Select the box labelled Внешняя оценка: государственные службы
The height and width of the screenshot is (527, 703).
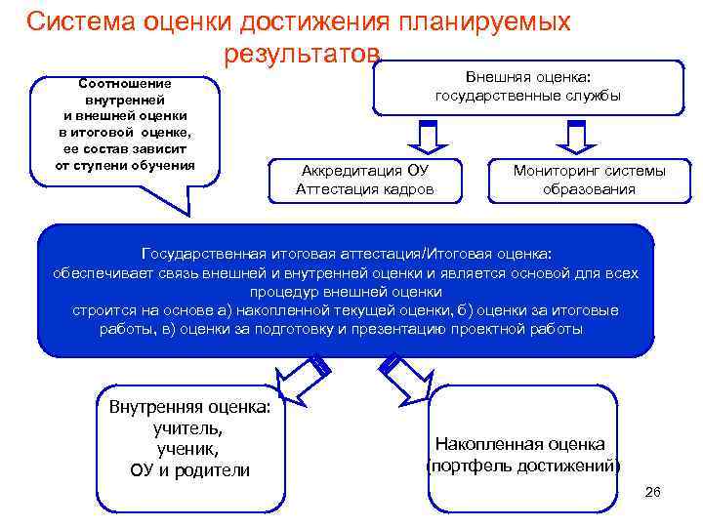[x=527, y=87]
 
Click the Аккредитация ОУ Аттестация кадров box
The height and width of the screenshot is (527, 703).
[x=365, y=180]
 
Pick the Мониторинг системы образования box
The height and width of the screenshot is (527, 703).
[x=589, y=180]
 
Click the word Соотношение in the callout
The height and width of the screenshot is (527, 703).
[x=125, y=83]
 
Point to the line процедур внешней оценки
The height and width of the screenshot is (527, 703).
[x=346, y=292]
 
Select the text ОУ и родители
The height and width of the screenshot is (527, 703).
[x=189, y=470]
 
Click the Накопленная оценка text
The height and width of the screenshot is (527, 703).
[x=519, y=443]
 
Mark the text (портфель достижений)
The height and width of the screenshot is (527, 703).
[x=522, y=466]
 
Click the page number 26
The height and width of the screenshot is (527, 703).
[x=652, y=492]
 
